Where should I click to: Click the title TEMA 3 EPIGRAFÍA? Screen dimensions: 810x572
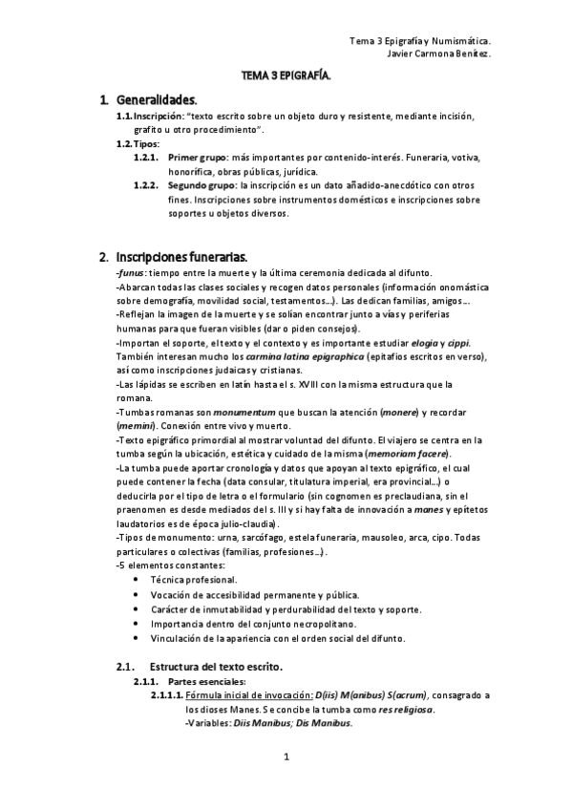[286, 75]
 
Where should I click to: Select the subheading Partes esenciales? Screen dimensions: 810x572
[206, 681]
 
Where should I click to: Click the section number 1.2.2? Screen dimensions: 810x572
[146, 185]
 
